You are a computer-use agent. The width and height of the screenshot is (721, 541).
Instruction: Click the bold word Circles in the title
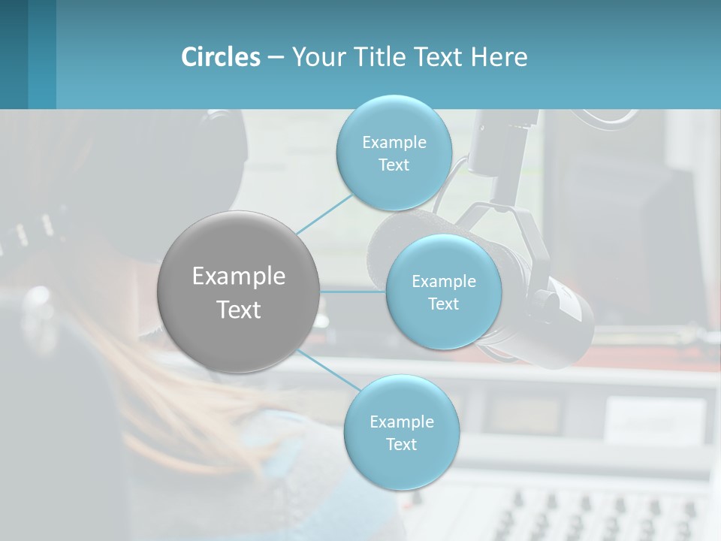coord(221,57)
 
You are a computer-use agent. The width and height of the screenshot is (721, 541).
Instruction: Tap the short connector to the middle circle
coord(352,292)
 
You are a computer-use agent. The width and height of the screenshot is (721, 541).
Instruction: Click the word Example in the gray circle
coord(239,276)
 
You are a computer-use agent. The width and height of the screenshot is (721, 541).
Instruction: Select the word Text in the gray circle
coord(239,309)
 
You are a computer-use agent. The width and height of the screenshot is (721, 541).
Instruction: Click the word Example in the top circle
coord(394,142)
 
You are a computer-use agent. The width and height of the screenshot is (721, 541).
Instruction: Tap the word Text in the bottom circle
coord(401,444)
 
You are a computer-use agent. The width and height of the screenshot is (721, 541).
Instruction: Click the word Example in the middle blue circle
coord(443,281)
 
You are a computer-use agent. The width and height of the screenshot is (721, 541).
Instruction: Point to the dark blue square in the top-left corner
coord(14,54)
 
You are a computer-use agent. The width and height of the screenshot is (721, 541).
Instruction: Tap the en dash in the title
coord(275,57)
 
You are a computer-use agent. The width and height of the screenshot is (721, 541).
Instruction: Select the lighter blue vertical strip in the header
coord(42,54)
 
